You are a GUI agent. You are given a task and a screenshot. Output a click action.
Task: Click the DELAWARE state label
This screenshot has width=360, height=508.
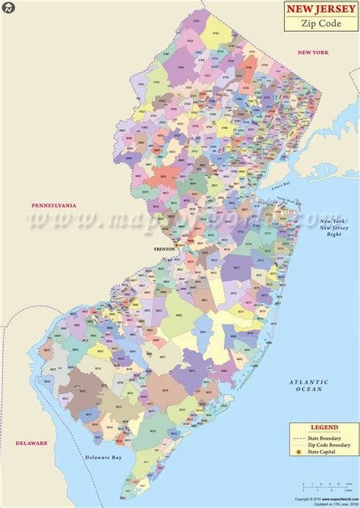29,442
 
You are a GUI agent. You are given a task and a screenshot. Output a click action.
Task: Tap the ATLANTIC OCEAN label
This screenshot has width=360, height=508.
313,387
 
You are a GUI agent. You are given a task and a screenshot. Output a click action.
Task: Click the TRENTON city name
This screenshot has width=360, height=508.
163,248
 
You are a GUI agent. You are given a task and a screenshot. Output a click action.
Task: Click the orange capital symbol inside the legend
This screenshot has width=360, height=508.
299,453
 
